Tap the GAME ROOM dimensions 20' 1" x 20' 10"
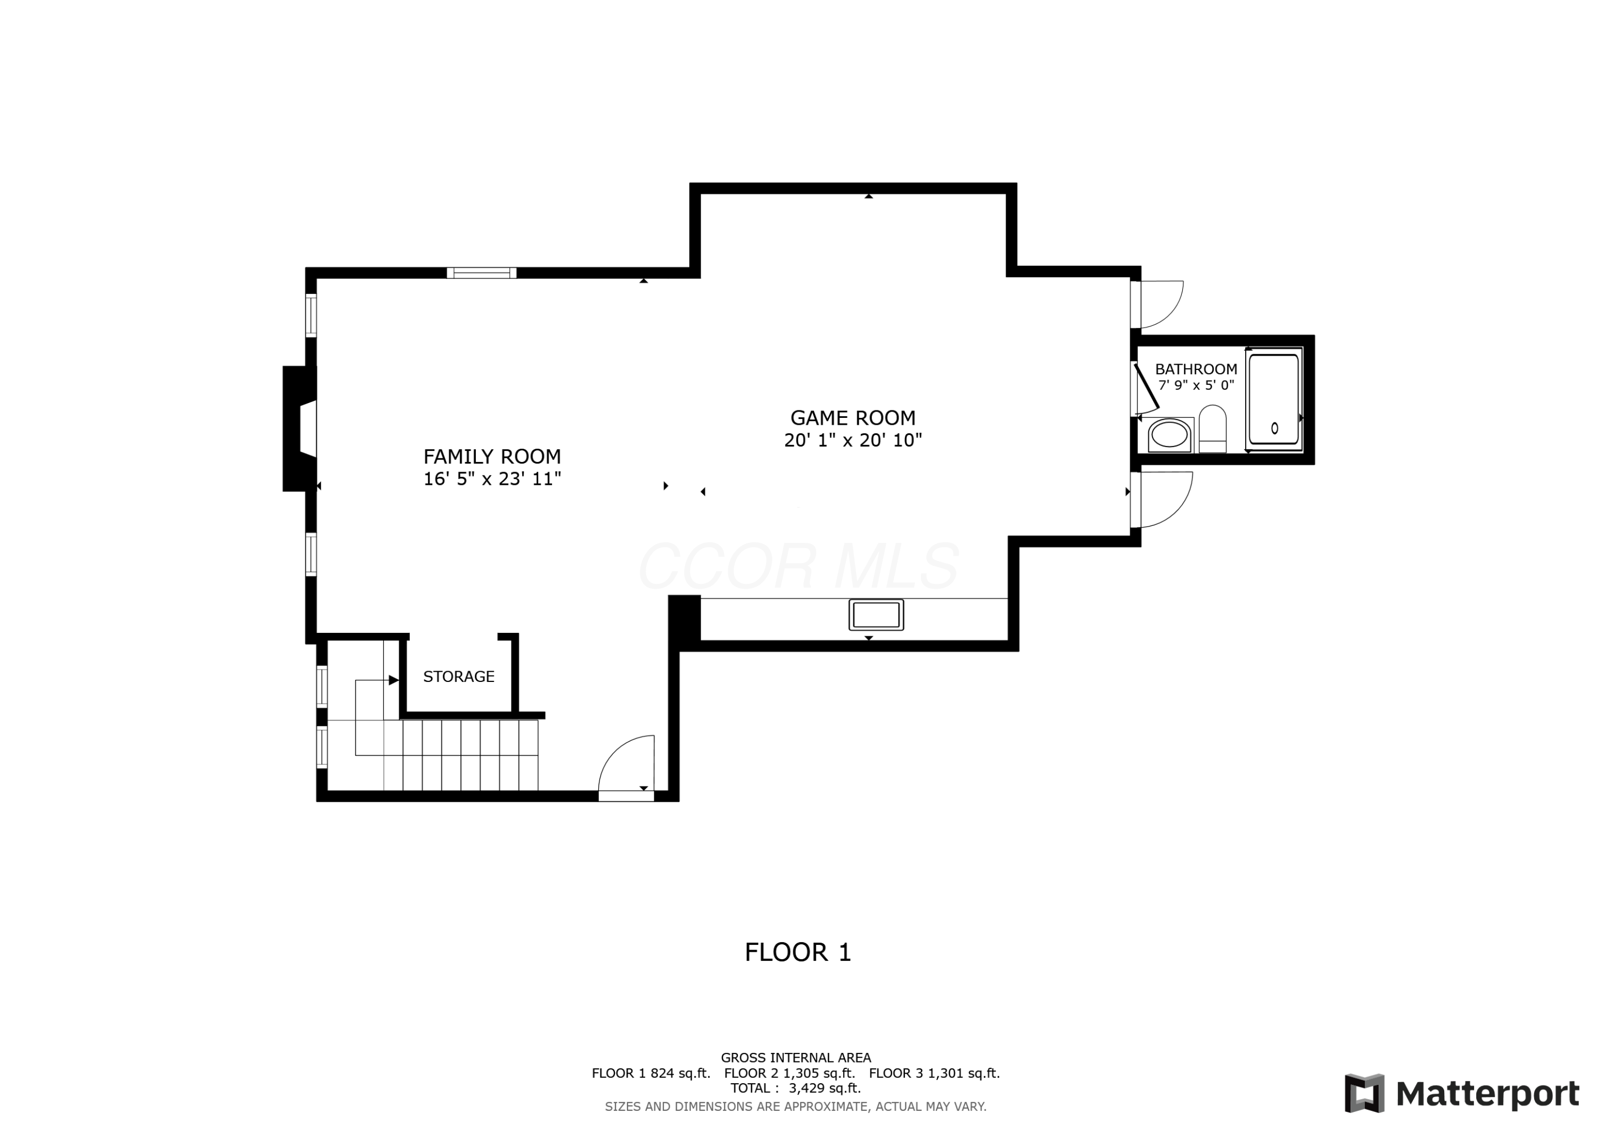(853, 440)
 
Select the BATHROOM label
(1196, 369)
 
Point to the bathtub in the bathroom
(1273, 399)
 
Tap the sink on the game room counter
(876, 615)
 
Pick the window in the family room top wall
(481, 273)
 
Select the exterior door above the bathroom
(1159, 304)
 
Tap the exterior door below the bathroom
(1164, 499)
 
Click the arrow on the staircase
(393, 680)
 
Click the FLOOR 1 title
(798, 952)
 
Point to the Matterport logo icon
(1364, 1093)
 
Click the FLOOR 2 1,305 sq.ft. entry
(789, 1073)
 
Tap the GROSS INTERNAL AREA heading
(796, 1058)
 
